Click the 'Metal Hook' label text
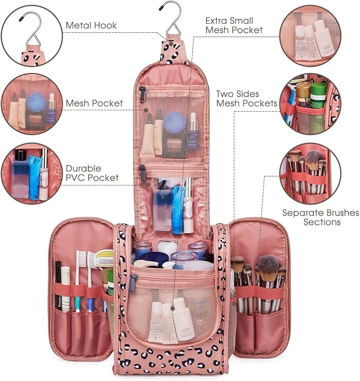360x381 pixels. [x=91, y=25]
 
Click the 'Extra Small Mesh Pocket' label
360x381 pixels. [x=234, y=25]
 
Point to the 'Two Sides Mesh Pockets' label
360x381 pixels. [x=247, y=99]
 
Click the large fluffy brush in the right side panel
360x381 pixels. [x=269, y=264]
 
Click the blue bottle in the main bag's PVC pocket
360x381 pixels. [x=163, y=207]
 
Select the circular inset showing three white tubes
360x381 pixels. [x=310, y=36]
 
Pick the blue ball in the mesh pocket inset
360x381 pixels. [x=37, y=101]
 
